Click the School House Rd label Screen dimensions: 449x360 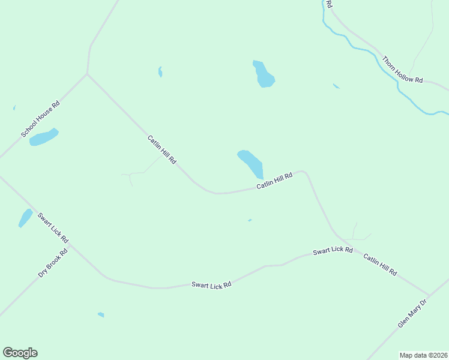click(41, 119)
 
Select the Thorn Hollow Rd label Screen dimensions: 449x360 click(403, 70)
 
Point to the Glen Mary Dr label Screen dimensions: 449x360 click(411, 314)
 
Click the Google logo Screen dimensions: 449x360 click(20, 353)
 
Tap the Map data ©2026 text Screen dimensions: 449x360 click(423, 355)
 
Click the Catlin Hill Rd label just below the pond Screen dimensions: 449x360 click(274, 181)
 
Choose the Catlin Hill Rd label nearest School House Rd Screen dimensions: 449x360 click(161, 150)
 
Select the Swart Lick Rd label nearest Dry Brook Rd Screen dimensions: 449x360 click(53, 228)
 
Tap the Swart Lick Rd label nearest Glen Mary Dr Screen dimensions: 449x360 click(333, 251)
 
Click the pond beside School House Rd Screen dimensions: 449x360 click(44, 137)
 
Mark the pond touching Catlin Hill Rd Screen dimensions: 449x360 click(251, 163)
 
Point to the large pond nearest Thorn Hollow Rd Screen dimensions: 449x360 click(264, 74)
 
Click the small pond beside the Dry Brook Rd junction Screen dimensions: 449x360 click(25, 218)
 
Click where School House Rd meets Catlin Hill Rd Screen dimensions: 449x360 click(88, 74)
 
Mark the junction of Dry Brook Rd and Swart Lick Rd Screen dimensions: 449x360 click(70, 245)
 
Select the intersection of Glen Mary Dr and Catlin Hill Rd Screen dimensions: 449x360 click(427, 296)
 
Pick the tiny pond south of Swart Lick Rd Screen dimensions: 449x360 click(101, 314)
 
